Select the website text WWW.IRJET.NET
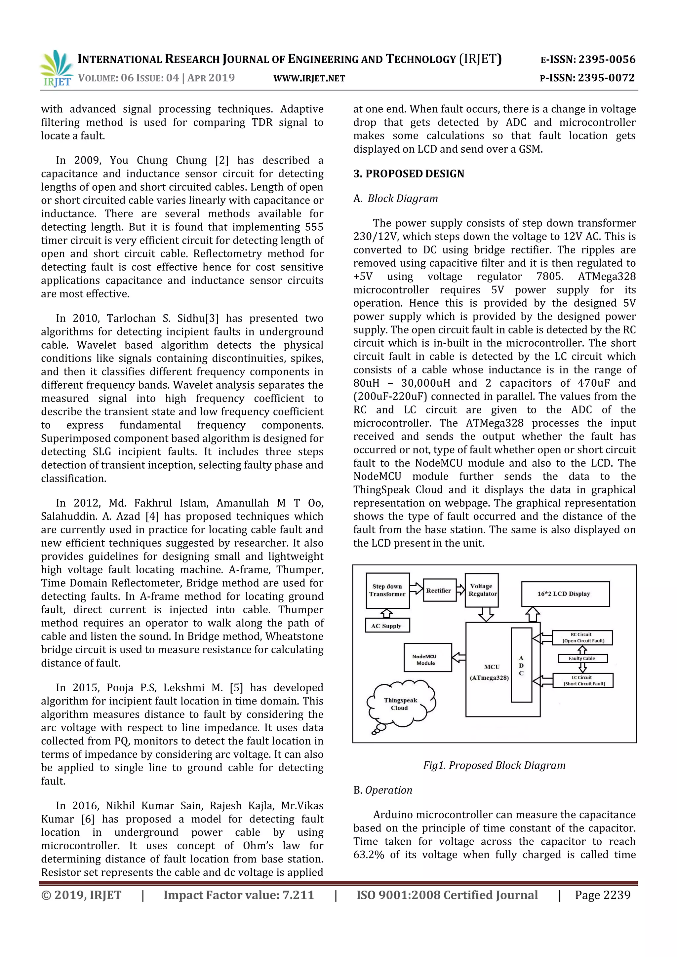pyautogui.click(x=309, y=78)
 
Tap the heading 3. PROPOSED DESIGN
pyautogui.click(x=409, y=174)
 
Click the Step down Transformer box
pyautogui.click(x=387, y=590)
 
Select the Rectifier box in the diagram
pyautogui.click(x=439, y=590)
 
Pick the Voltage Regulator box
pyautogui.click(x=482, y=590)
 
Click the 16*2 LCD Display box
pyautogui.click(x=565, y=593)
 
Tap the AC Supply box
pyautogui.click(x=387, y=626)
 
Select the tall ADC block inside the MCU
pyautogui.click(x=521, y=665)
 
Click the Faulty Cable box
pyautogui.click(x=582, y=659)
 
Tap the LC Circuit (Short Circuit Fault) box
pyautogui.click(x=583, y=681)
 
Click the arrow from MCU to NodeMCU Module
pyautogui.click(x=459, y=658)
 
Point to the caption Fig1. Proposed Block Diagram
pyautogui.click(x=494, y=765)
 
